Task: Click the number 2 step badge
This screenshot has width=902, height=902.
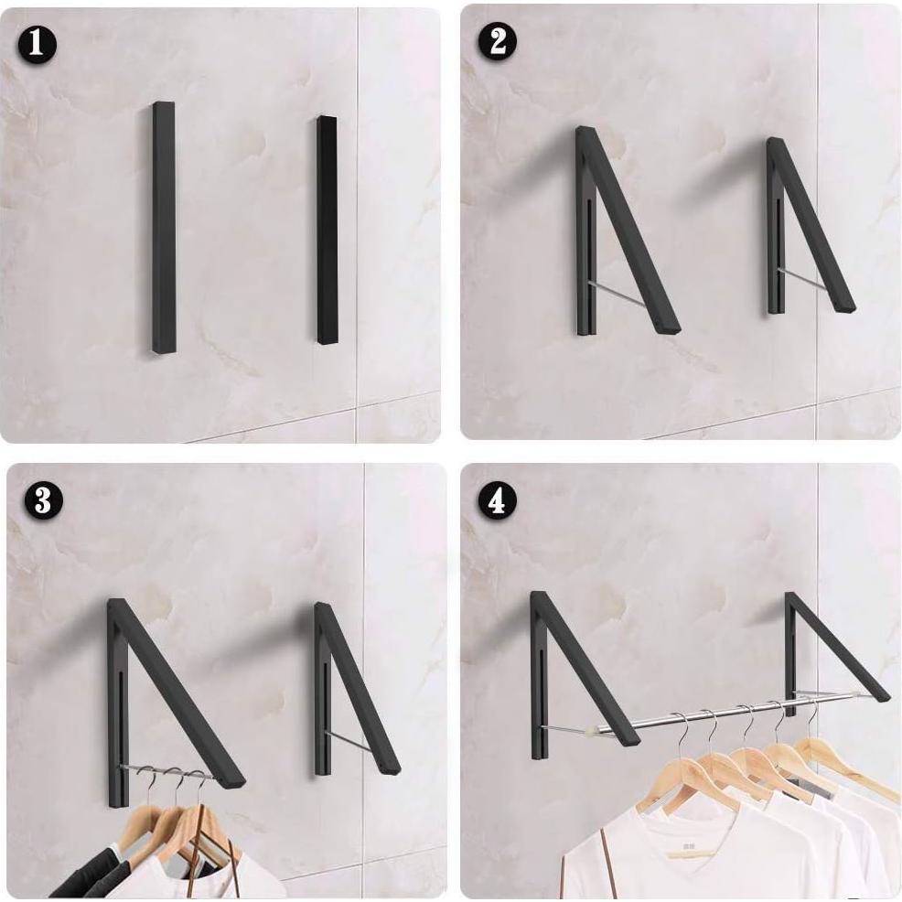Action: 498,42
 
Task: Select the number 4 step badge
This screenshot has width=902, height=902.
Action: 498,501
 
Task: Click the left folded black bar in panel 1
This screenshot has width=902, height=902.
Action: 164,227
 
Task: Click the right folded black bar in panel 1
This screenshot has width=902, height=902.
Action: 328,231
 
